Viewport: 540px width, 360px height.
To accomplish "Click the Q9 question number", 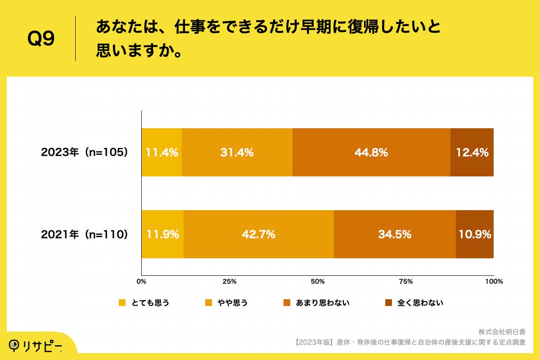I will [x=41, y=40].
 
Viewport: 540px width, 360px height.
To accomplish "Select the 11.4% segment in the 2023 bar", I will [x=162, y=153].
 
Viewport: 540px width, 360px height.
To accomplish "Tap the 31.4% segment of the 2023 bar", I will [x=237, y=153].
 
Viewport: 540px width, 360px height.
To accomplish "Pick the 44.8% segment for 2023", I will [x=371, y=153].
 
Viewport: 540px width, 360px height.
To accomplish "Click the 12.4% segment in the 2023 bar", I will [x=472, y=153].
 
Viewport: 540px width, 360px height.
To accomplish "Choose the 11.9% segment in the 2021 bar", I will [x=162, y=234].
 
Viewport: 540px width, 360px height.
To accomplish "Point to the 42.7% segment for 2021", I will [x=259, y=234].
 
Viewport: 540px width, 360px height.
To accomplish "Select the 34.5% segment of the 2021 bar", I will [x=395, y=234].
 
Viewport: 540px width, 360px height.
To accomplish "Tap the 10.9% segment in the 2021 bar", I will [x=475, y=234].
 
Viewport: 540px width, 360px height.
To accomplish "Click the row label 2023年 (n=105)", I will [x=85, y=153].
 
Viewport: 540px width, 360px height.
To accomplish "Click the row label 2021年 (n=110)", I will [x=85, y=234].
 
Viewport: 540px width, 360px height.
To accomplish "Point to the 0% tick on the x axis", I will [x=141, y=281].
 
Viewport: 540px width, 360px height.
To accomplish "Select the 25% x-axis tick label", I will [x=229, y=281].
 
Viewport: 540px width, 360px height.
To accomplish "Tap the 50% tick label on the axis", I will [x=318, y=281].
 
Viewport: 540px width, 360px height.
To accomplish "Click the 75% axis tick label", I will [x=406, y=281].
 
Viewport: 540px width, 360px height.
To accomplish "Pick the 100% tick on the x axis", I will [x=494, y=281].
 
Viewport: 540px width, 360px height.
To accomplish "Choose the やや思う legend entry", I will [x=226, y=303].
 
